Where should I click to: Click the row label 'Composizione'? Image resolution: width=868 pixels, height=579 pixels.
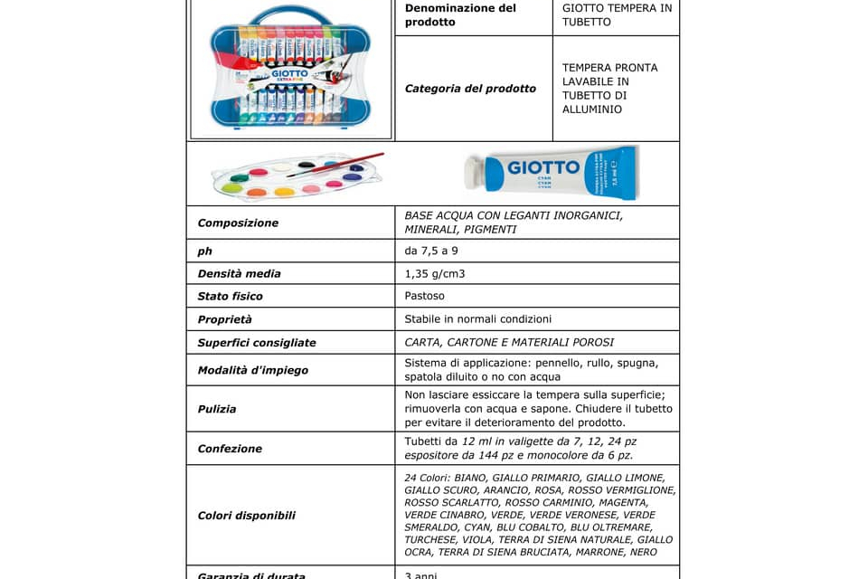238,223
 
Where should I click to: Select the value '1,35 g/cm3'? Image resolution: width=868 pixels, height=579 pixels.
435,273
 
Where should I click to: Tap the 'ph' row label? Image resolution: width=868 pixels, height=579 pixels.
204,251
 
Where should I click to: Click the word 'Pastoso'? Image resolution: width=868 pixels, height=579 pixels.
425,296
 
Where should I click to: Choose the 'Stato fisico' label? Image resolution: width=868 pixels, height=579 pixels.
231,296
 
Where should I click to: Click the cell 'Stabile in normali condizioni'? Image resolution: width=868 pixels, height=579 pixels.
478,318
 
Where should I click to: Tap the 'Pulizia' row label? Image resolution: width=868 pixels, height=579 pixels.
217,409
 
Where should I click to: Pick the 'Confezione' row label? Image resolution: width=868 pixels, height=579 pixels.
230,449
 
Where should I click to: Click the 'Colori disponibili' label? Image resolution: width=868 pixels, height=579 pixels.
247,516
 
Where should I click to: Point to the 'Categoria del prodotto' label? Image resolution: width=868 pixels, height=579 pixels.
470,89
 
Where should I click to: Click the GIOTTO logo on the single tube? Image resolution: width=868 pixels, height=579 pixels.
542,167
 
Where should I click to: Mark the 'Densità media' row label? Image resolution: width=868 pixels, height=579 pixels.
240,273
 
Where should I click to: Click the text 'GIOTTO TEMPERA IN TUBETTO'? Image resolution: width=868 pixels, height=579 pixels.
617,14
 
